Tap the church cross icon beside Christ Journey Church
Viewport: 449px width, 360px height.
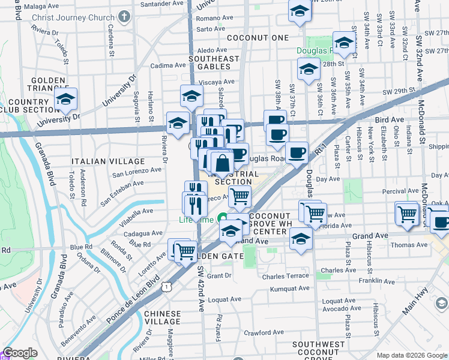124,16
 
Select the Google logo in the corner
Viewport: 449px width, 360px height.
20,353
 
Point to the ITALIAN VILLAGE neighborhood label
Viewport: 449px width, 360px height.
108,161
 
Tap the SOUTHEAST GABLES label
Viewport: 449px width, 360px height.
214,63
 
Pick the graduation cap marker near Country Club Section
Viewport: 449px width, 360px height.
65,100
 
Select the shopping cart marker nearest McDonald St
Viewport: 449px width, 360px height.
407,213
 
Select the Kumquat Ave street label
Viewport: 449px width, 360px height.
289,289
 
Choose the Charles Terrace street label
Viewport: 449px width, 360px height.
285,277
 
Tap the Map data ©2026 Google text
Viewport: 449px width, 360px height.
411,355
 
